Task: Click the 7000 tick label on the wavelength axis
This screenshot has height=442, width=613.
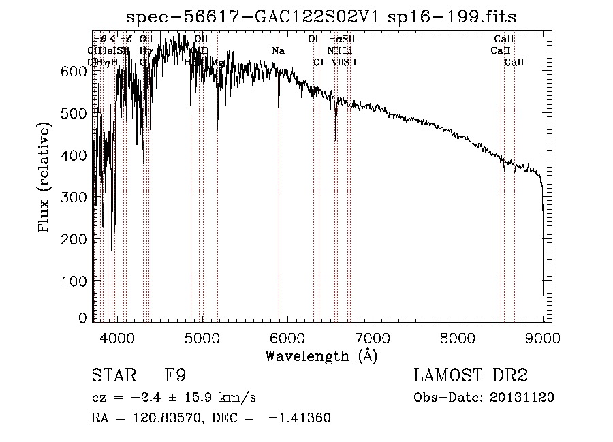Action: tap(373, 337)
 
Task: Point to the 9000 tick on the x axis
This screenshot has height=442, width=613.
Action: tap(544, 337)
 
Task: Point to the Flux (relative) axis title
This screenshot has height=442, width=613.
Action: tap(45, 178)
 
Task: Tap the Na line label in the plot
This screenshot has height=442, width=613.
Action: tap(278, 51)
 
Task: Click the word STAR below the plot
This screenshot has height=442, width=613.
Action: tap(111, 376)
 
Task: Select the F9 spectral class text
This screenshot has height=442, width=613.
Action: tap(174, 376)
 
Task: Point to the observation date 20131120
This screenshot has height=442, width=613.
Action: tap(523, 397)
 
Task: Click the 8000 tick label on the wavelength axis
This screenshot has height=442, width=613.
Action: tap(458, 337)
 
